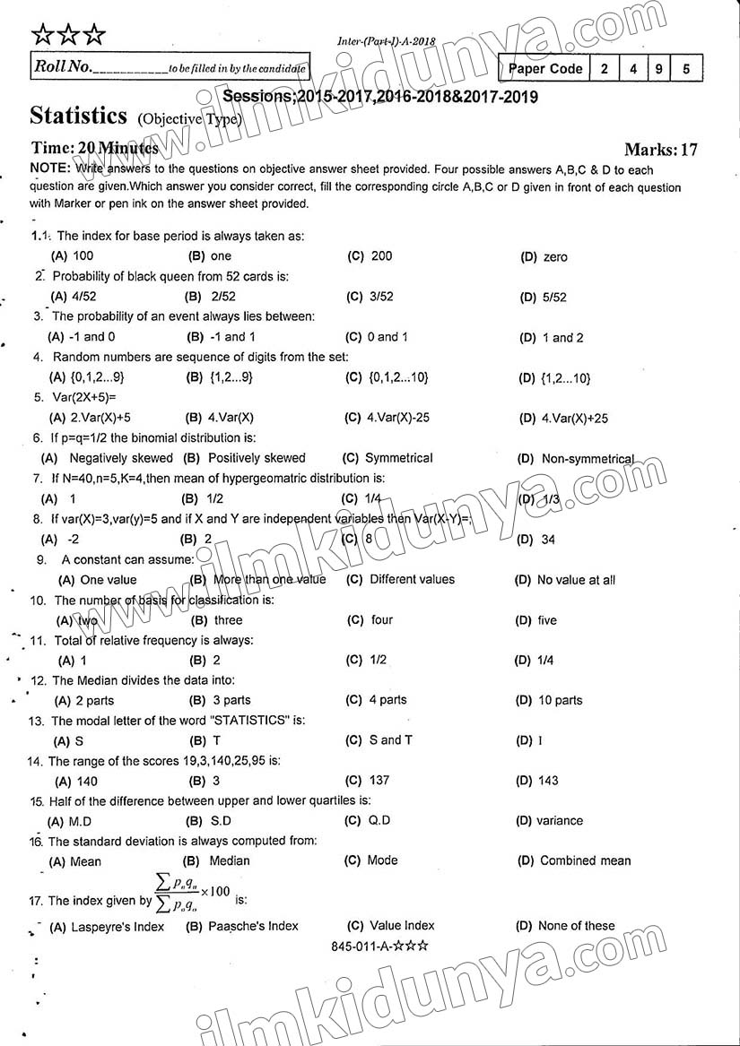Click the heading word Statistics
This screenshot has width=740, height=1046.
78,116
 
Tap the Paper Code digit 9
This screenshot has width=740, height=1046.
659,68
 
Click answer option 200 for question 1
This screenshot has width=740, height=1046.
380,256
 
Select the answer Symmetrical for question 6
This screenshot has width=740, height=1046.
398,458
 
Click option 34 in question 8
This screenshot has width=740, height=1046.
548,540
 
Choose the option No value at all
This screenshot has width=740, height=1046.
576,580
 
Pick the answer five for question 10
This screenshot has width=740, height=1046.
547,620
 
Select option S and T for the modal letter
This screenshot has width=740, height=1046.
391,739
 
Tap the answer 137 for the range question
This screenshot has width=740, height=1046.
379,780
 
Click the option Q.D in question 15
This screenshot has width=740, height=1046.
379,820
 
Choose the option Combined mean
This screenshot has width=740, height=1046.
585,860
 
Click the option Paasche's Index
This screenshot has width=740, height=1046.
253,926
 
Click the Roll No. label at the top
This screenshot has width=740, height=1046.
62,67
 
